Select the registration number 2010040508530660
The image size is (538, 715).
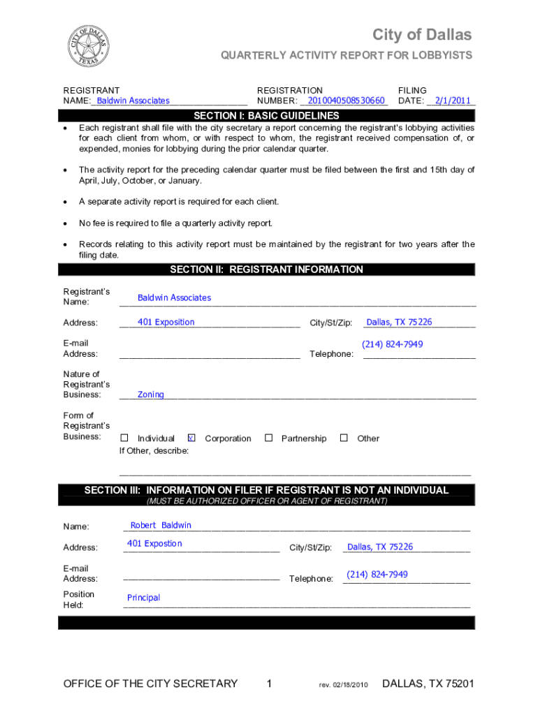click(x=342, y=101)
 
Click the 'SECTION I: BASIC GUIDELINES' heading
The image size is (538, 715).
click(x=266, y=115)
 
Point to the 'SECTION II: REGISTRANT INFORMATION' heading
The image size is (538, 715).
click(x=266, y=270)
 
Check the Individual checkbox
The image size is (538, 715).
click(x=124, y=438)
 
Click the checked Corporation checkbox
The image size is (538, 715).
click(x=191, y=438)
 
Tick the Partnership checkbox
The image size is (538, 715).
click(x=268, y=438)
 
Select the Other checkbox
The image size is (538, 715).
click(x=344, y=438)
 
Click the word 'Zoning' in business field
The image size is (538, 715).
click(x=150, y=395)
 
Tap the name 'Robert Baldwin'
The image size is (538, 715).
click(x=161, y=525)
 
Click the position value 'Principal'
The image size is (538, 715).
click(x=143, y=598)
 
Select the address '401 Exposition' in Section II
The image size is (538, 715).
click(x=166, y=322)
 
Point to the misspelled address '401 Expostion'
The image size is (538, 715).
click(x=154, y=543)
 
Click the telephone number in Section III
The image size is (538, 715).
click(x=377, y=574)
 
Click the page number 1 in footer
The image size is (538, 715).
click(x=269, y=684)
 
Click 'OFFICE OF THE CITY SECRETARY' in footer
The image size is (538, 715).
click(x=150, y=684)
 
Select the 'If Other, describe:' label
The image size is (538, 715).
click(x=154, y=451)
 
